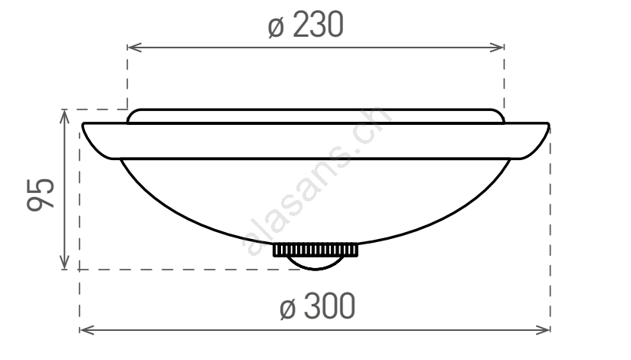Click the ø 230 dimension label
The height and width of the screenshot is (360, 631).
click(306, 25)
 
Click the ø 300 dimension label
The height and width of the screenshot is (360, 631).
click(317, 306)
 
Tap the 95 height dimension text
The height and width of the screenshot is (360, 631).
click(40, 195)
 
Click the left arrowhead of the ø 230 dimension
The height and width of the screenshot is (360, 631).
click(135, 47)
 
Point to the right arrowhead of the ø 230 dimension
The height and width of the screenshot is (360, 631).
click(497, 47)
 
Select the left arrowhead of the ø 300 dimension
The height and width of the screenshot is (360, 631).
click(87, 330)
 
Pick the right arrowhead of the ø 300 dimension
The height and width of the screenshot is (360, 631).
click(542, 330)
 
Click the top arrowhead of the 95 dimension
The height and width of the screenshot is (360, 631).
click(64, 116)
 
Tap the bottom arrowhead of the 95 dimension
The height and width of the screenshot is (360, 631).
click(64, 262)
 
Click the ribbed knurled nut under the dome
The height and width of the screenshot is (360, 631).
click(315, 250)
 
